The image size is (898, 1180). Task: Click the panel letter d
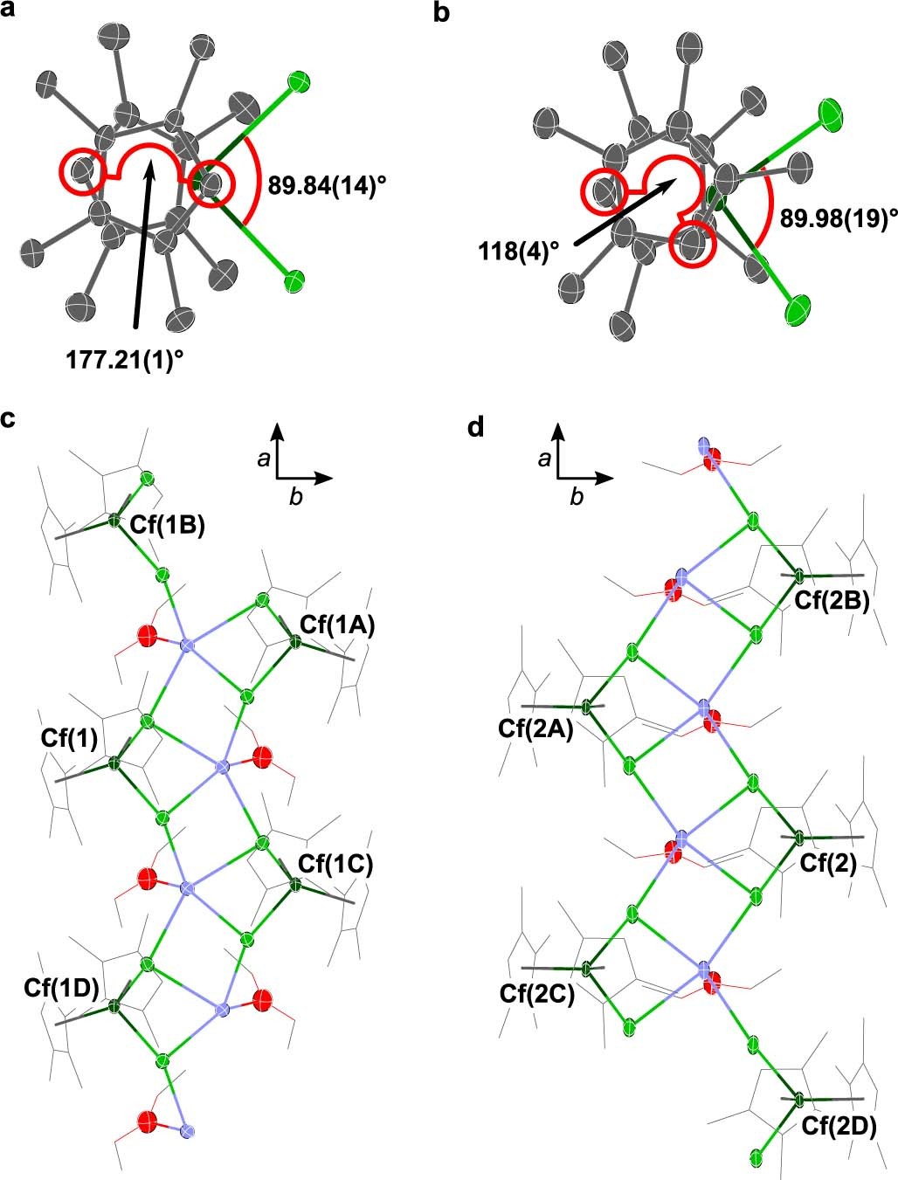coord(477,427)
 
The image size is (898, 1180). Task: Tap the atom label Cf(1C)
coord(336,863)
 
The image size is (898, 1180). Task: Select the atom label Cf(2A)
coord(535,728)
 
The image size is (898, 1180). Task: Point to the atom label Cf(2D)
coord(838,1124)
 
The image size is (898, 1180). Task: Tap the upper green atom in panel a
coord(299,82)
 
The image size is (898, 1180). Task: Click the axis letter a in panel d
coord(544,457)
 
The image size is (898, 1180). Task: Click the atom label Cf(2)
coord(829,863)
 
